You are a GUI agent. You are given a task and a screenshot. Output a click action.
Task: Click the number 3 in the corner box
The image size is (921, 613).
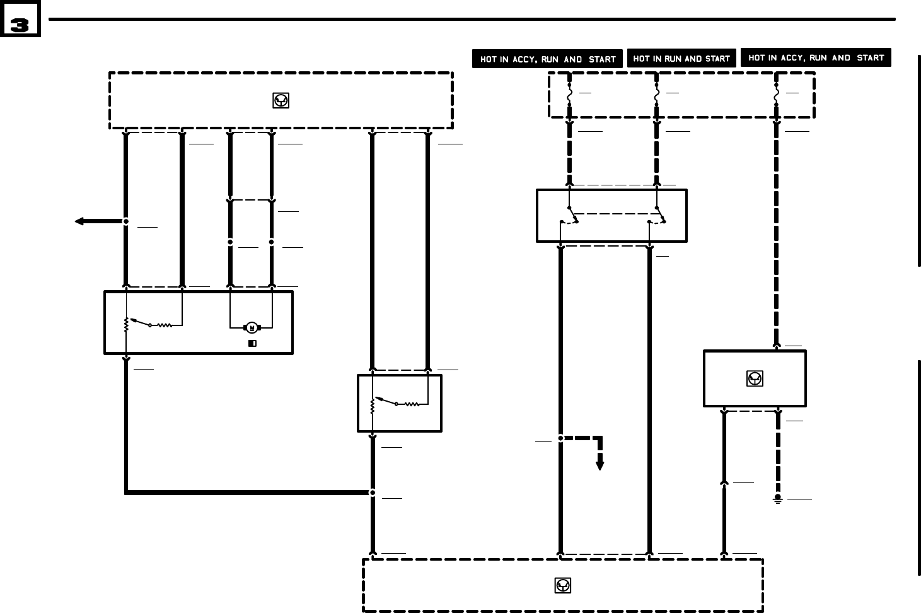pos(20,26)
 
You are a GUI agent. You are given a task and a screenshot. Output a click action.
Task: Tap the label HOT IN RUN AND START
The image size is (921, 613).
pos(681,59)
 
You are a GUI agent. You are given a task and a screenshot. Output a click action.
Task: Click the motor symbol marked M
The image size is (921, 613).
pos(252,327)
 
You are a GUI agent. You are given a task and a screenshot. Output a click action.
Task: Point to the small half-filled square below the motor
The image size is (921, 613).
pos(252,344)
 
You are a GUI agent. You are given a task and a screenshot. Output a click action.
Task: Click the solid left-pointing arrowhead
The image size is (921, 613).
pos(79,221)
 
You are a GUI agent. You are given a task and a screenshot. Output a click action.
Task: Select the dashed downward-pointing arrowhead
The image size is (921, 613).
pos(600,465)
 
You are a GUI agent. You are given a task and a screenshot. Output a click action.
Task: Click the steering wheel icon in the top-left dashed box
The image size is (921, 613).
pos(281,100)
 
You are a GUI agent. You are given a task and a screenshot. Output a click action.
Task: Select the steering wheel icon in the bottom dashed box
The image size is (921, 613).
pos(562,585)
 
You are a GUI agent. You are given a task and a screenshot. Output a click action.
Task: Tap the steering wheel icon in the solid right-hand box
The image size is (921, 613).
pos(754,378)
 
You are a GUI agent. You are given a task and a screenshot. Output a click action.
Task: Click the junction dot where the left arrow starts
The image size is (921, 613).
pos(126,221)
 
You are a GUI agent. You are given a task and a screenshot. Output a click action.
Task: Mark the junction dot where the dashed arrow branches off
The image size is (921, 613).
pos(560,438)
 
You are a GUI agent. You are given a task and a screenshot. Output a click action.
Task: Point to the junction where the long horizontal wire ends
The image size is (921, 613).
pos(373,493)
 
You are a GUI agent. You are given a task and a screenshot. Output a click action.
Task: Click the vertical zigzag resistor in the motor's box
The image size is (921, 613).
pos(127,325)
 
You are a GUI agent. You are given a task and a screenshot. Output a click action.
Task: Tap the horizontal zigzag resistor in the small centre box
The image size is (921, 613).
pos(412,404)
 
